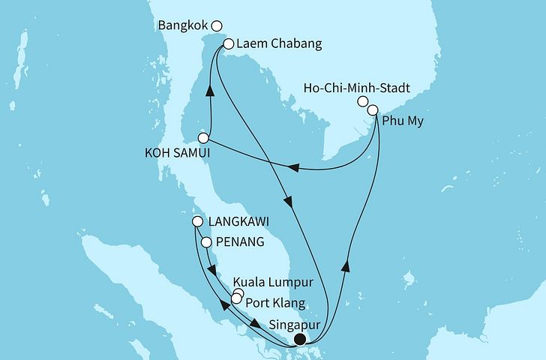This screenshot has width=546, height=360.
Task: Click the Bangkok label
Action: [184, 25]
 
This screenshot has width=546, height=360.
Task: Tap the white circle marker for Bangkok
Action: [217, 25]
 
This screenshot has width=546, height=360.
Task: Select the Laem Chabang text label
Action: [278, 44]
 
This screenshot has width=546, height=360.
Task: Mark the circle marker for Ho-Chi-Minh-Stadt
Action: [363, 101]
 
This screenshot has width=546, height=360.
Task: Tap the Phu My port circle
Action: [373, 110]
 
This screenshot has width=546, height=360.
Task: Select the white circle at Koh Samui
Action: [203, 138]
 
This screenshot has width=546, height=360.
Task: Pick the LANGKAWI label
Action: [241, 223]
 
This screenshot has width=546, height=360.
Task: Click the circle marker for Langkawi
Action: [198, 222]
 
